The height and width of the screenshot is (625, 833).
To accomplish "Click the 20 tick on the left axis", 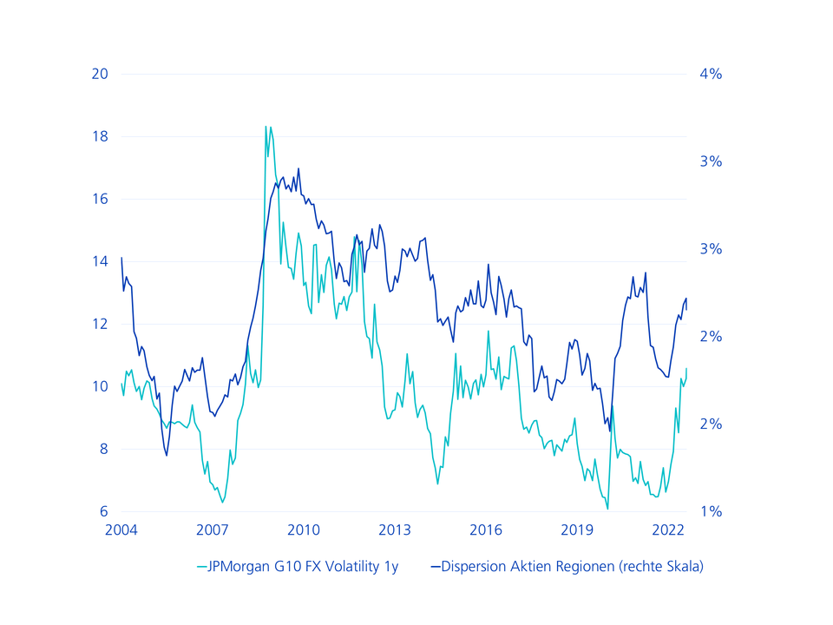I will (x=100, y=74).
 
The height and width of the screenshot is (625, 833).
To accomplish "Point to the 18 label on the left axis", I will (x=100, y=136).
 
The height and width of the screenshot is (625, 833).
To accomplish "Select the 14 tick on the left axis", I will (x=100, y=261).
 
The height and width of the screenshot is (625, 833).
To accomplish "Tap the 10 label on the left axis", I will (x=100, y=386).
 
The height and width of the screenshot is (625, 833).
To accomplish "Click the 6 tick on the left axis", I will (x=103, y=511).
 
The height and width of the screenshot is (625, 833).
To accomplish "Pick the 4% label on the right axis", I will (x=711, y=74).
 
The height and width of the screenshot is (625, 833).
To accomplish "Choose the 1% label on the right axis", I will (x=711, y=511).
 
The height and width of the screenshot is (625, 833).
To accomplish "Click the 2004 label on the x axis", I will (x=121, y=530).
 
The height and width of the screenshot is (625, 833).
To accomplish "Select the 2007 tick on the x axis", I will (x=213, y=530).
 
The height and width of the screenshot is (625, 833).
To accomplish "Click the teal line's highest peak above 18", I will (x=266, y=127).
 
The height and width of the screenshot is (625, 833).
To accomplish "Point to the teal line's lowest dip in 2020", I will (x=607, y=509).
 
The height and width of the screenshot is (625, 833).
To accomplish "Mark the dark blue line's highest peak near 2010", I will (x=298, y=168).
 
